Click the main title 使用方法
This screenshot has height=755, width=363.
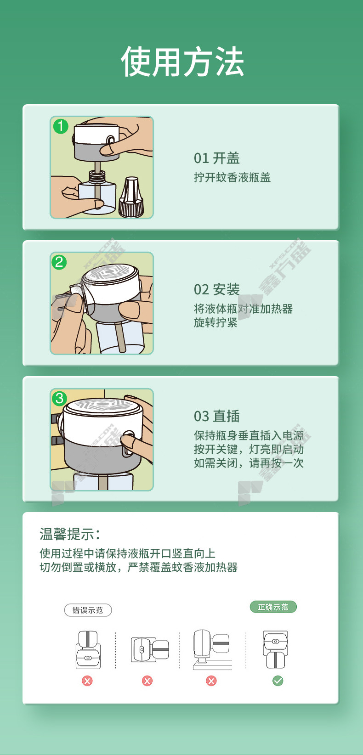pyautogui.click(x=182, y=62)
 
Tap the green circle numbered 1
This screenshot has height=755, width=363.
pyautogui.click(x=61, y=126)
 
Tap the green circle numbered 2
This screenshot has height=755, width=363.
pyautogui.click(x=59, y=262)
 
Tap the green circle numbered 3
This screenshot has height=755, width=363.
pyautogui.click(x=59, y=399)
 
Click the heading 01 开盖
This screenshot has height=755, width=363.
pyautogui.click(x=216, y=158)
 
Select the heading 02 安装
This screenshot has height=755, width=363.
pyautogui.click(x=216, y=289)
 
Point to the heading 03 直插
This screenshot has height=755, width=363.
pyautogui.click(x=216, y=416)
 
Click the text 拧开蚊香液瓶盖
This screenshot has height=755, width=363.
pyautogui.click(x=232, y=177)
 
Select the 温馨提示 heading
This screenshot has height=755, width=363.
pyautogui.click(x=70, y=534)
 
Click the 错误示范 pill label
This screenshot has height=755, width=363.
pyautogui.click(x=88, y=610)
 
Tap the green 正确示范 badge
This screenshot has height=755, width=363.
pyautogui.click(x=273, y=607)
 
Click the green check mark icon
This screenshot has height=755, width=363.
pyautogui.click(x=278, y=681)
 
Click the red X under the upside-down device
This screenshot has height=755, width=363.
pyautogui.click(x=87, y=681)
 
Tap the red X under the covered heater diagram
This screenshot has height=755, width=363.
pyautogui.click(x=211, y=681)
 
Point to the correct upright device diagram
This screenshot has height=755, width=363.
pyautogui.click(x=275, y=649)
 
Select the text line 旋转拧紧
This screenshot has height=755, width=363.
pyautogui.click(x=215, y=322)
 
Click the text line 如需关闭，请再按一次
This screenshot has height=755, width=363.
pyautogui.click(x=249, y=463)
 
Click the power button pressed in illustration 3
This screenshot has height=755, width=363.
pyautogui.click(x=128, y=443)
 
